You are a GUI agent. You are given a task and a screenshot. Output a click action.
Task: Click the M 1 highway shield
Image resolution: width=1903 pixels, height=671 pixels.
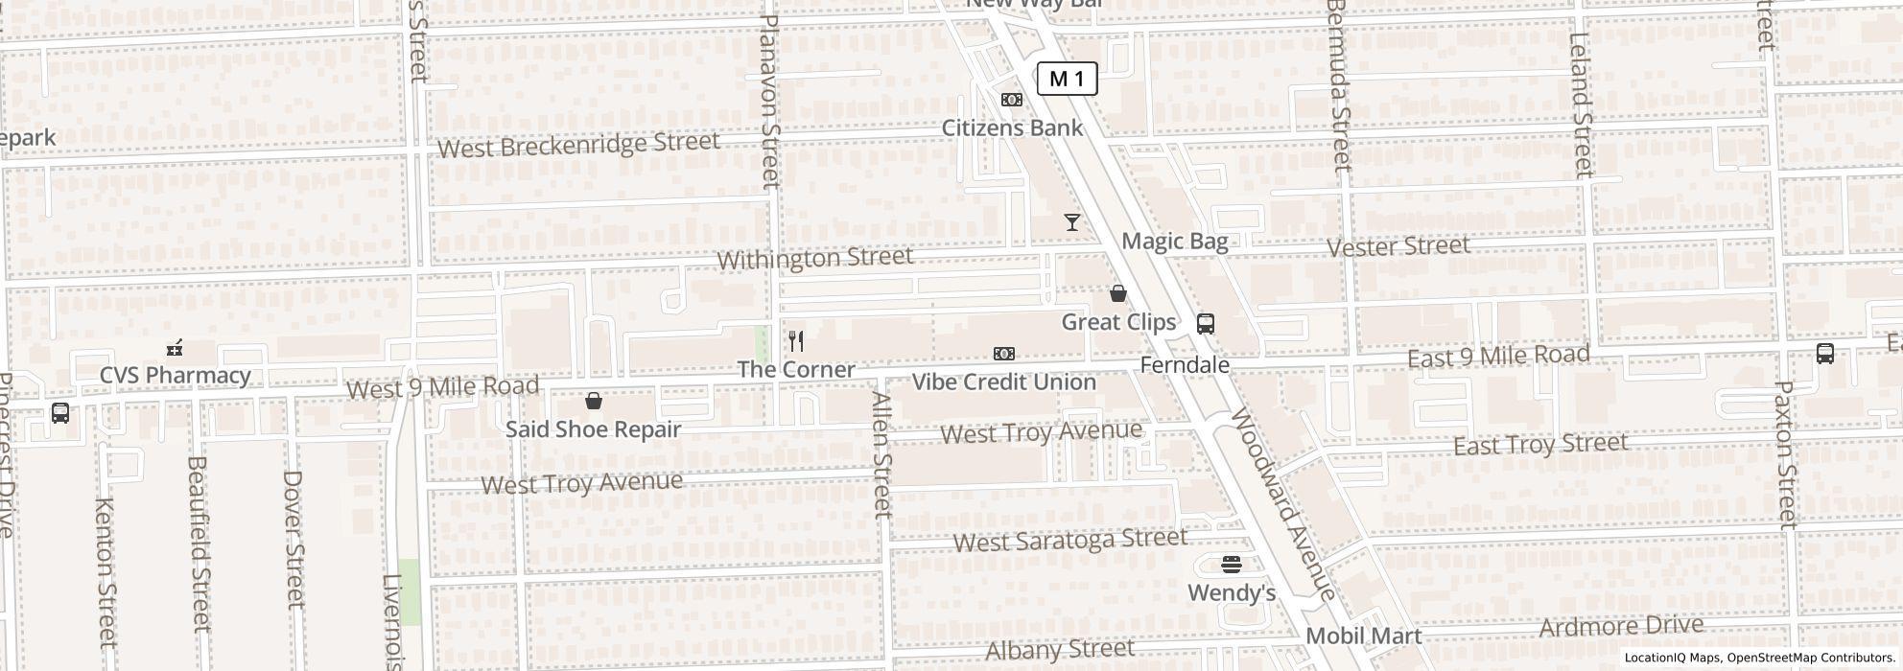pyautogui.click(x=1067, y=80)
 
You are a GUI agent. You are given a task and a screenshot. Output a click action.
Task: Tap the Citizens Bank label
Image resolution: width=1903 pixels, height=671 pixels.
pyautogui.click(x=1012, y=128)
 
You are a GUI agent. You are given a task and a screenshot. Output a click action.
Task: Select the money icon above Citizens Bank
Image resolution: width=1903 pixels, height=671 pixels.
pyautogui.click(x=1012, y=100)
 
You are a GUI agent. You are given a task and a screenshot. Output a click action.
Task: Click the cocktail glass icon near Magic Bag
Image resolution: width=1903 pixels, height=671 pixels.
pyautogui.click(x=1072, y=222)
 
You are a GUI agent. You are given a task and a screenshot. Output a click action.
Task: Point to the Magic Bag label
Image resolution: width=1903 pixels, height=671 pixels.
pyautogui.click(x=1175, y=242)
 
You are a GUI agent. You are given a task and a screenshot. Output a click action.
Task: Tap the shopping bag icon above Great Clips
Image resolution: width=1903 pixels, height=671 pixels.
pyautogui.click(x=1118, y=293)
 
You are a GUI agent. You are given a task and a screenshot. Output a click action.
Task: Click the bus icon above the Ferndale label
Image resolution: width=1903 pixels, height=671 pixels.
pyautogui.click(x=1206, y=324)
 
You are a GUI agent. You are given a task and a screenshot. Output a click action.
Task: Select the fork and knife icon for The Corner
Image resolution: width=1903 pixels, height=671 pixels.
pyautogui.click(x=796, y=341)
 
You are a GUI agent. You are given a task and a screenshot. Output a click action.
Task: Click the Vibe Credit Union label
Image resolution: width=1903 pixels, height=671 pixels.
pyautogui.click(x=1003, y=382)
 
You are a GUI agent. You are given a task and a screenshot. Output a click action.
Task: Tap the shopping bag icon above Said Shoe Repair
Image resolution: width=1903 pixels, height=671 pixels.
pyautogui.click(x=594, y=401)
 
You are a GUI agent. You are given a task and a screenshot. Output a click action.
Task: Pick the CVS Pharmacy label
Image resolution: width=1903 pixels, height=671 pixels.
pyautogui.click(x=176, y=376)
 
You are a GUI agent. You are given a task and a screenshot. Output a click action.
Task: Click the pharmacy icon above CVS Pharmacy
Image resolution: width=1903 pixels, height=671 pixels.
pyautogui.click(x=175, y=348)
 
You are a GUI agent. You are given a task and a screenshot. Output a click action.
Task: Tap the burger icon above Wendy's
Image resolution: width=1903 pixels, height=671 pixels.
pyautogui.click(x=1232, y=565)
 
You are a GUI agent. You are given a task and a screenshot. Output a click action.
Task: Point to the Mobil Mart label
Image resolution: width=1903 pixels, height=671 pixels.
pyautogui.click(x=1364, y=636)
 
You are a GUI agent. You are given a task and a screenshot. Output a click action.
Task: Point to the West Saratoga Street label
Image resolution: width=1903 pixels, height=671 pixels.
pyautogui.click(x=1070, y=541)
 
